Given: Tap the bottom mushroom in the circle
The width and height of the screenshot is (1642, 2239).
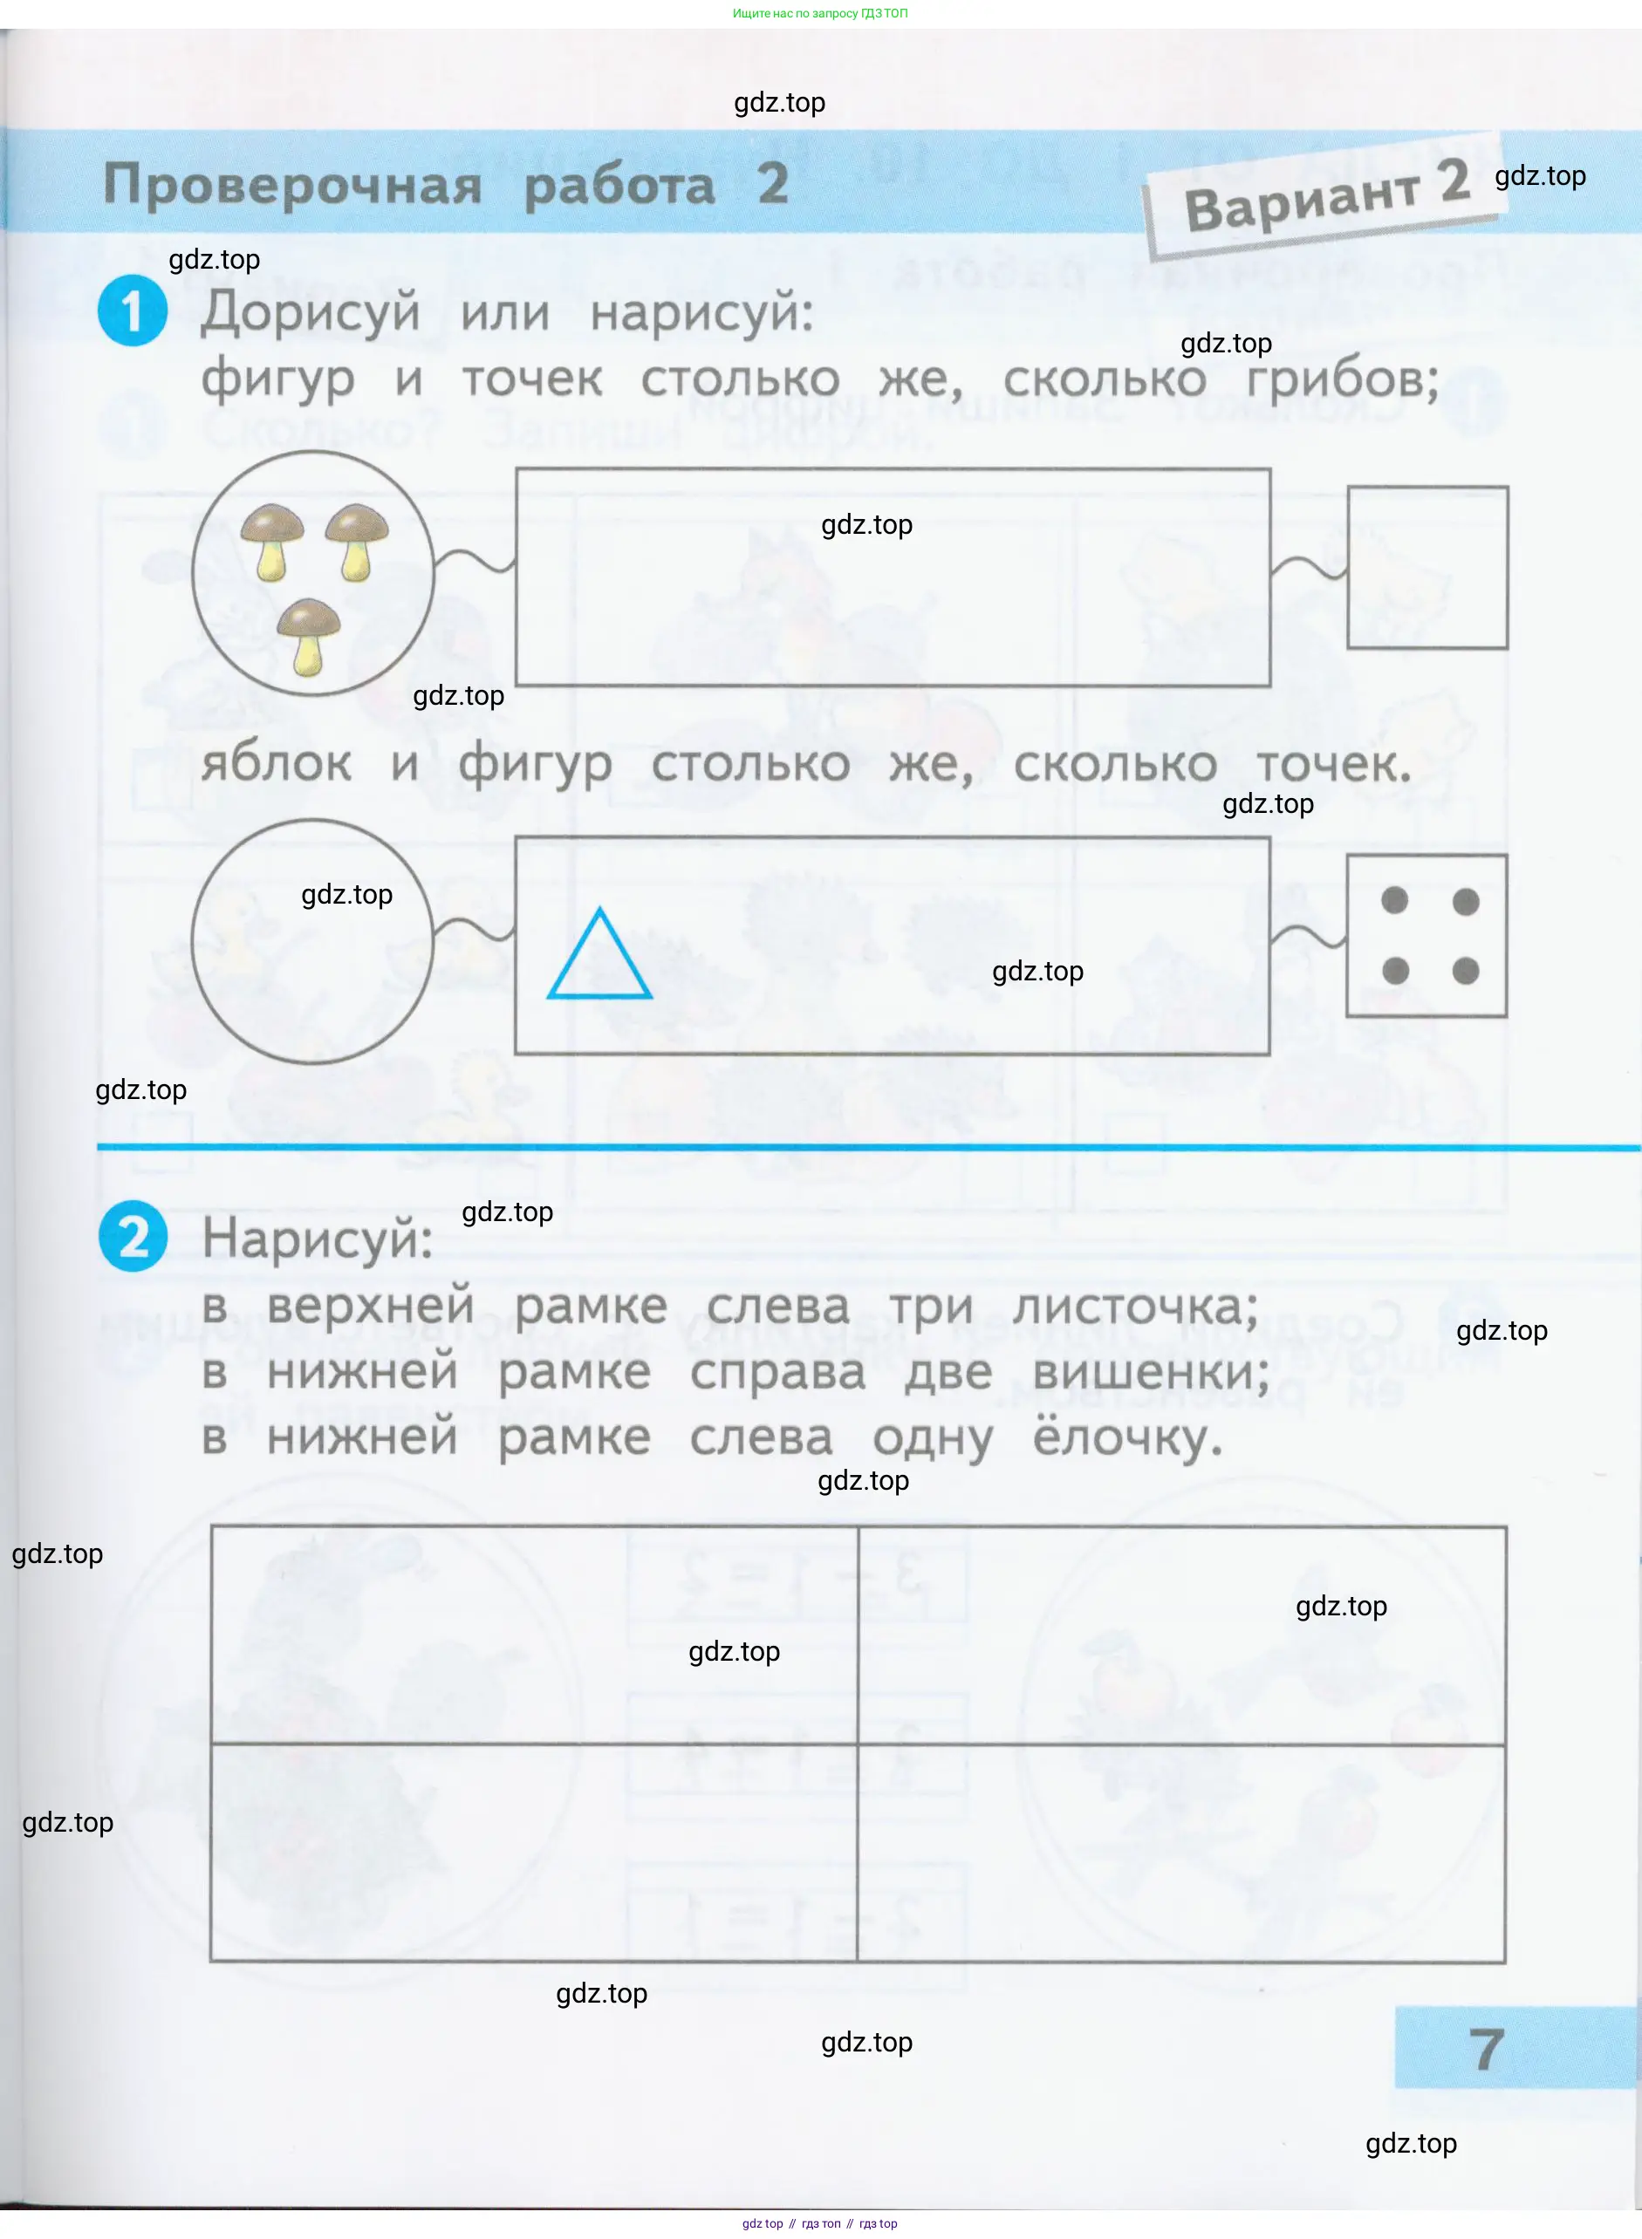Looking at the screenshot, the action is pos(308,637).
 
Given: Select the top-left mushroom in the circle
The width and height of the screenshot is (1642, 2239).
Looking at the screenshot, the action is pos(272,543).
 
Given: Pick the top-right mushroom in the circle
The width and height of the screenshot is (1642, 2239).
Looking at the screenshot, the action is pos(357,543).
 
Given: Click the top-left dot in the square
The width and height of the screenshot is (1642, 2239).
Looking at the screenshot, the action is pos(1394,900).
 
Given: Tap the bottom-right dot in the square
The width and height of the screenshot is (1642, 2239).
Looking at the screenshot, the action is pos(1465,971).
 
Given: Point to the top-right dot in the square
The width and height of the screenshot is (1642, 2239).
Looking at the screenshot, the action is pos(1465,901).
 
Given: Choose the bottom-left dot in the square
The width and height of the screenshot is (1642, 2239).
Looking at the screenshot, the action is pos(1394,971).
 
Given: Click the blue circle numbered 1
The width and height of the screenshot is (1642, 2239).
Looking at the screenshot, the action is pos(133,312).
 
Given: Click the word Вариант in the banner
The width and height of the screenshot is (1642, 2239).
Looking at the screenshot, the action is pos(1302,201).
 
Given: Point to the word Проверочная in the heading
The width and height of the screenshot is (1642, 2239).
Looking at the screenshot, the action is pos(293,185).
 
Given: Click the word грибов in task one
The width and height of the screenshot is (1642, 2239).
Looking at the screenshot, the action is pos(1342,379).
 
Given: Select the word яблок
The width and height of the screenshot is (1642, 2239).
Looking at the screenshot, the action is pos(277,763).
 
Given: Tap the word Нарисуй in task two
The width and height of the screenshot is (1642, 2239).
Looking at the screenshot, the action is pos(317,1239).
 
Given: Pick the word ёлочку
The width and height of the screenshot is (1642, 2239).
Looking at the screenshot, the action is pos(1127,1437).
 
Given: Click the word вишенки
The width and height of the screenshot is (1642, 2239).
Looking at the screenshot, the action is pos(1151,1372).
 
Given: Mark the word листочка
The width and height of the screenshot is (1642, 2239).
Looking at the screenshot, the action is pos(1135,1306).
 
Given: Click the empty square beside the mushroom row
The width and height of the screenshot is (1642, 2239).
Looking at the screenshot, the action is pos(1427,568).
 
